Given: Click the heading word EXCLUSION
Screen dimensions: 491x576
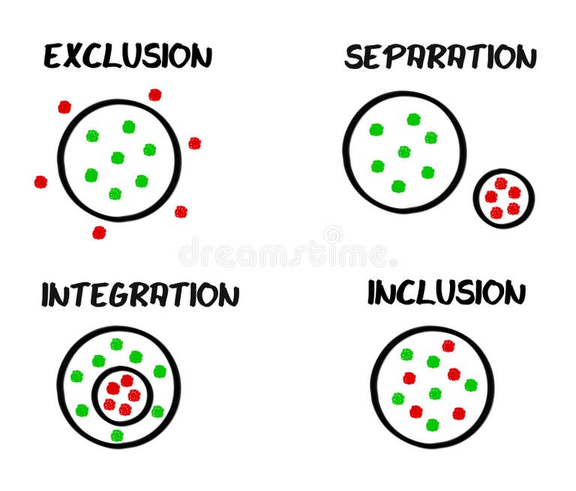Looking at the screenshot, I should pyautogui.click(x=127, y=56).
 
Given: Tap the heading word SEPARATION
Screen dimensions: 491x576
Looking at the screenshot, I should pyautogui.click(x=440, y=57).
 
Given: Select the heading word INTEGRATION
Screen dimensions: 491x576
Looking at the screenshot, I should pyautogui.click(x=140, y=295).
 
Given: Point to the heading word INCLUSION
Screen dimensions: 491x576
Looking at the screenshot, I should pyautogui.click(x=446, y=293).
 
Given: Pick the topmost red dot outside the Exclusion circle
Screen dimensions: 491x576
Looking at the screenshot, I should pyautogui.click(x=154, y=95).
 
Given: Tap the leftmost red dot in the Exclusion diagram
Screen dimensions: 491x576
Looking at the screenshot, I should pyautogui.click(x=40, y=182).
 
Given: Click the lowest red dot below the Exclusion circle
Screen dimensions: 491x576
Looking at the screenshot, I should pyautogui.click(x=99, y=233).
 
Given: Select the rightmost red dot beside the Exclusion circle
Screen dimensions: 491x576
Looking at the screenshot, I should pyautogui.click(x=194, y=143).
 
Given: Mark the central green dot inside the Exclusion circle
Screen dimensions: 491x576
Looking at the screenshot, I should pyautogui.click(x=118, y=158).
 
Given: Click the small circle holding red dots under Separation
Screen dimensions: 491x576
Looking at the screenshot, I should pyautogui.click(x=503, y=198).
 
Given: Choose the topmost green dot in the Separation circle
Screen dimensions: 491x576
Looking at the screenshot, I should pyautogui.click(x=413, y=119).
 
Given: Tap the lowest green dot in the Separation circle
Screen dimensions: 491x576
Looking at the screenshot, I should pyautogui.click(x=398, y=186).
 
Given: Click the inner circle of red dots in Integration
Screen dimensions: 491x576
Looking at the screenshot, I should pyautogui.click(x=122, y=395).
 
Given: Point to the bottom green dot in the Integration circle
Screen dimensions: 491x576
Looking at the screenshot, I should pyautogui.click(x=116, y=435).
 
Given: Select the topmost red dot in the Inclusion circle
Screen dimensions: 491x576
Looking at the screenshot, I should pyautogui.click(x=448, y=345).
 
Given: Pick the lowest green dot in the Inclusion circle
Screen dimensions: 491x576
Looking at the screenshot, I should pyautogui.click(x=432, y=425).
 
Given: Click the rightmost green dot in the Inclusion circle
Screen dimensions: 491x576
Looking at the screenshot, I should pyautogui.click(x=471, y=385).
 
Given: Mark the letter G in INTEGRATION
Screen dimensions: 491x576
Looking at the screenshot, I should pyautogui.click(x=123, y=296).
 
